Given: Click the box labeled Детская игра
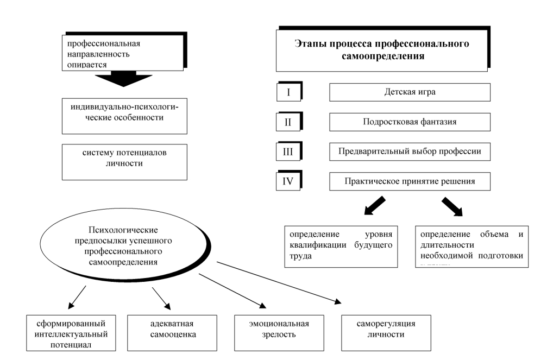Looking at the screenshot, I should coord(410,92).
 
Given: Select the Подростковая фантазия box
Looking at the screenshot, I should coord(410,122).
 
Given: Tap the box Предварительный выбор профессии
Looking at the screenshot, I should coord(410,151).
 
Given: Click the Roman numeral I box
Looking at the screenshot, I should coord(288,92).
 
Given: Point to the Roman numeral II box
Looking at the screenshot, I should coord(288,122).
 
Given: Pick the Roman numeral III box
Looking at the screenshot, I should coord(288,151).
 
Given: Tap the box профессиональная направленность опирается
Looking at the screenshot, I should coord(123,55).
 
